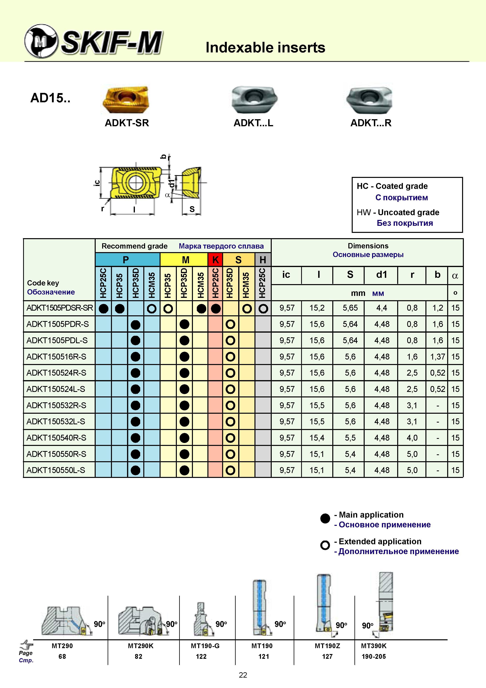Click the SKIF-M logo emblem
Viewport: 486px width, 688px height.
point(41,41)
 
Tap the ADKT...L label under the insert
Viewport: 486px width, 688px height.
point(253,123)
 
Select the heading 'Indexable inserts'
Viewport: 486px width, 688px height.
point(265,47)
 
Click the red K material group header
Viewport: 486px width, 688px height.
point(215,260)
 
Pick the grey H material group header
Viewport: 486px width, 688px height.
point(263,260)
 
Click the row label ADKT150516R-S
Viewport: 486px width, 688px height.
point(56,357)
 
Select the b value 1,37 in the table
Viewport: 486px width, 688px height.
point(438,357)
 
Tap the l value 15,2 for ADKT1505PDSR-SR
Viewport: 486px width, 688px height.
point(317,308)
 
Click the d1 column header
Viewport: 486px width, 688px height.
point(382,274)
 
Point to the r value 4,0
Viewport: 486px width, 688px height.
point(412,438)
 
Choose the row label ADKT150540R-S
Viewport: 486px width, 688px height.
point(56,438)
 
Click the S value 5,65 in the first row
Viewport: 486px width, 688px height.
point(350,308)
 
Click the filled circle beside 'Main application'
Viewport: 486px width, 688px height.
point(325,518)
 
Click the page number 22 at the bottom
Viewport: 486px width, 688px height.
point(243,675)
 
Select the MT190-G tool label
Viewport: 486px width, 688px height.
point(205,646)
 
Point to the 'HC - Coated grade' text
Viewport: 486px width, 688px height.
point(392,186)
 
